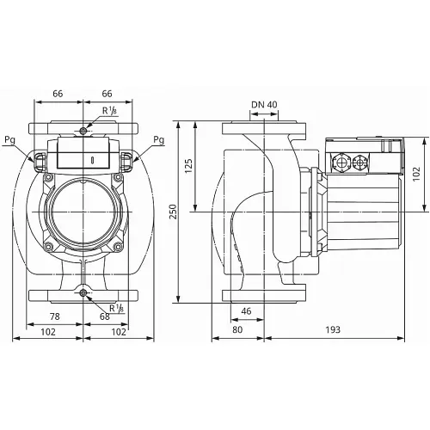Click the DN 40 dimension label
point(264,106)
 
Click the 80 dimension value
point(236,329)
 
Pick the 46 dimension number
point(247,311)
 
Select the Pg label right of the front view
point(158,140)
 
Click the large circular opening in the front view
point(83,211)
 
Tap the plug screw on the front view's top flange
point(83,131)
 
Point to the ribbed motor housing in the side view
point(354,206)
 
